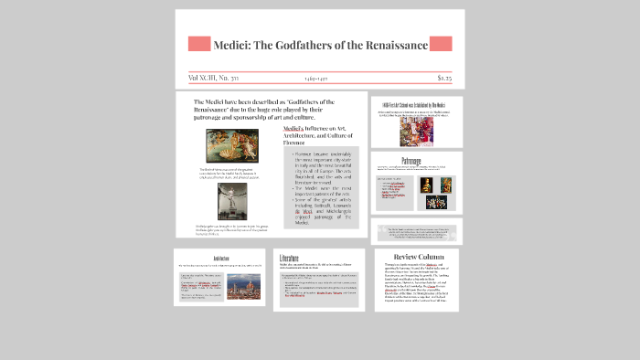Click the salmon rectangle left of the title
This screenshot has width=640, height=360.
click(x=199, y=44)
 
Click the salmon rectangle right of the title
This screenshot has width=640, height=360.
click(x=441, y=44)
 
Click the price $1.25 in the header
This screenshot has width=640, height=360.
click(x=444, y=79)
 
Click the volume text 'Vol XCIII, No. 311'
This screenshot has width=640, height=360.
click(x=214, y=79)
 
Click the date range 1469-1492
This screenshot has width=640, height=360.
click(x=317, y=79)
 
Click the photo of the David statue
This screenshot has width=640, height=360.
click(x=231, y=202)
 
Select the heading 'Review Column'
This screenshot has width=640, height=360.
click(x=417, y=257)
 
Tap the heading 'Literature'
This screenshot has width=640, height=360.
click(x=290, y=259)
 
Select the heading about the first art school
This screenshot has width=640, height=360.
click(x=416, y=104)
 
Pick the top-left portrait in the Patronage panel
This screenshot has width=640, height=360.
click(x=424, y=185)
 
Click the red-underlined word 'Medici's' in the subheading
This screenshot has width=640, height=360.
click(x=295, y=130)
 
